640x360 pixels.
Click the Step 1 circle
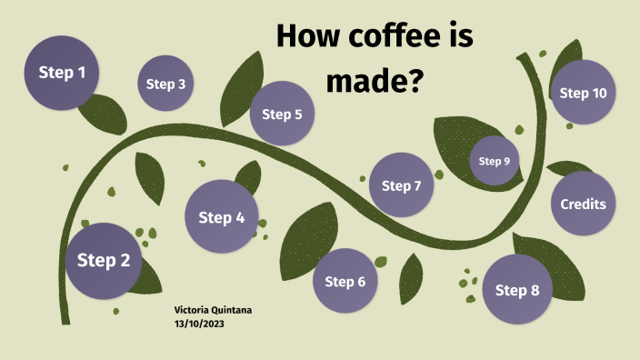pos(62,73)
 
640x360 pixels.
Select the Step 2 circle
pos(104,261)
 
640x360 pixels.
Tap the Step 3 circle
pos(165,85)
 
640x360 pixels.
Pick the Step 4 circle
pos(221,217)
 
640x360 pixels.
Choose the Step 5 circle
pos(282,114)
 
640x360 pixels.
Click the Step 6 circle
pos(345,281)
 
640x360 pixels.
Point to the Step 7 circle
pos(401,185)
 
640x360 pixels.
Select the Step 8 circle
pos(517,290)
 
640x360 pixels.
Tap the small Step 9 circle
pos(495,161)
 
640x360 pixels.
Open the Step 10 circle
pos(583,93)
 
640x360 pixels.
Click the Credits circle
pos(583,204)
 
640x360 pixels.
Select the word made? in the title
pos(375,81)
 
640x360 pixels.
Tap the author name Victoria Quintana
pos(213,310)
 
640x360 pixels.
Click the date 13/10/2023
pos(199,323)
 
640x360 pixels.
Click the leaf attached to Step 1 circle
pos(103,115)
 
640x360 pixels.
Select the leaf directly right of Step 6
pos(412,278)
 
